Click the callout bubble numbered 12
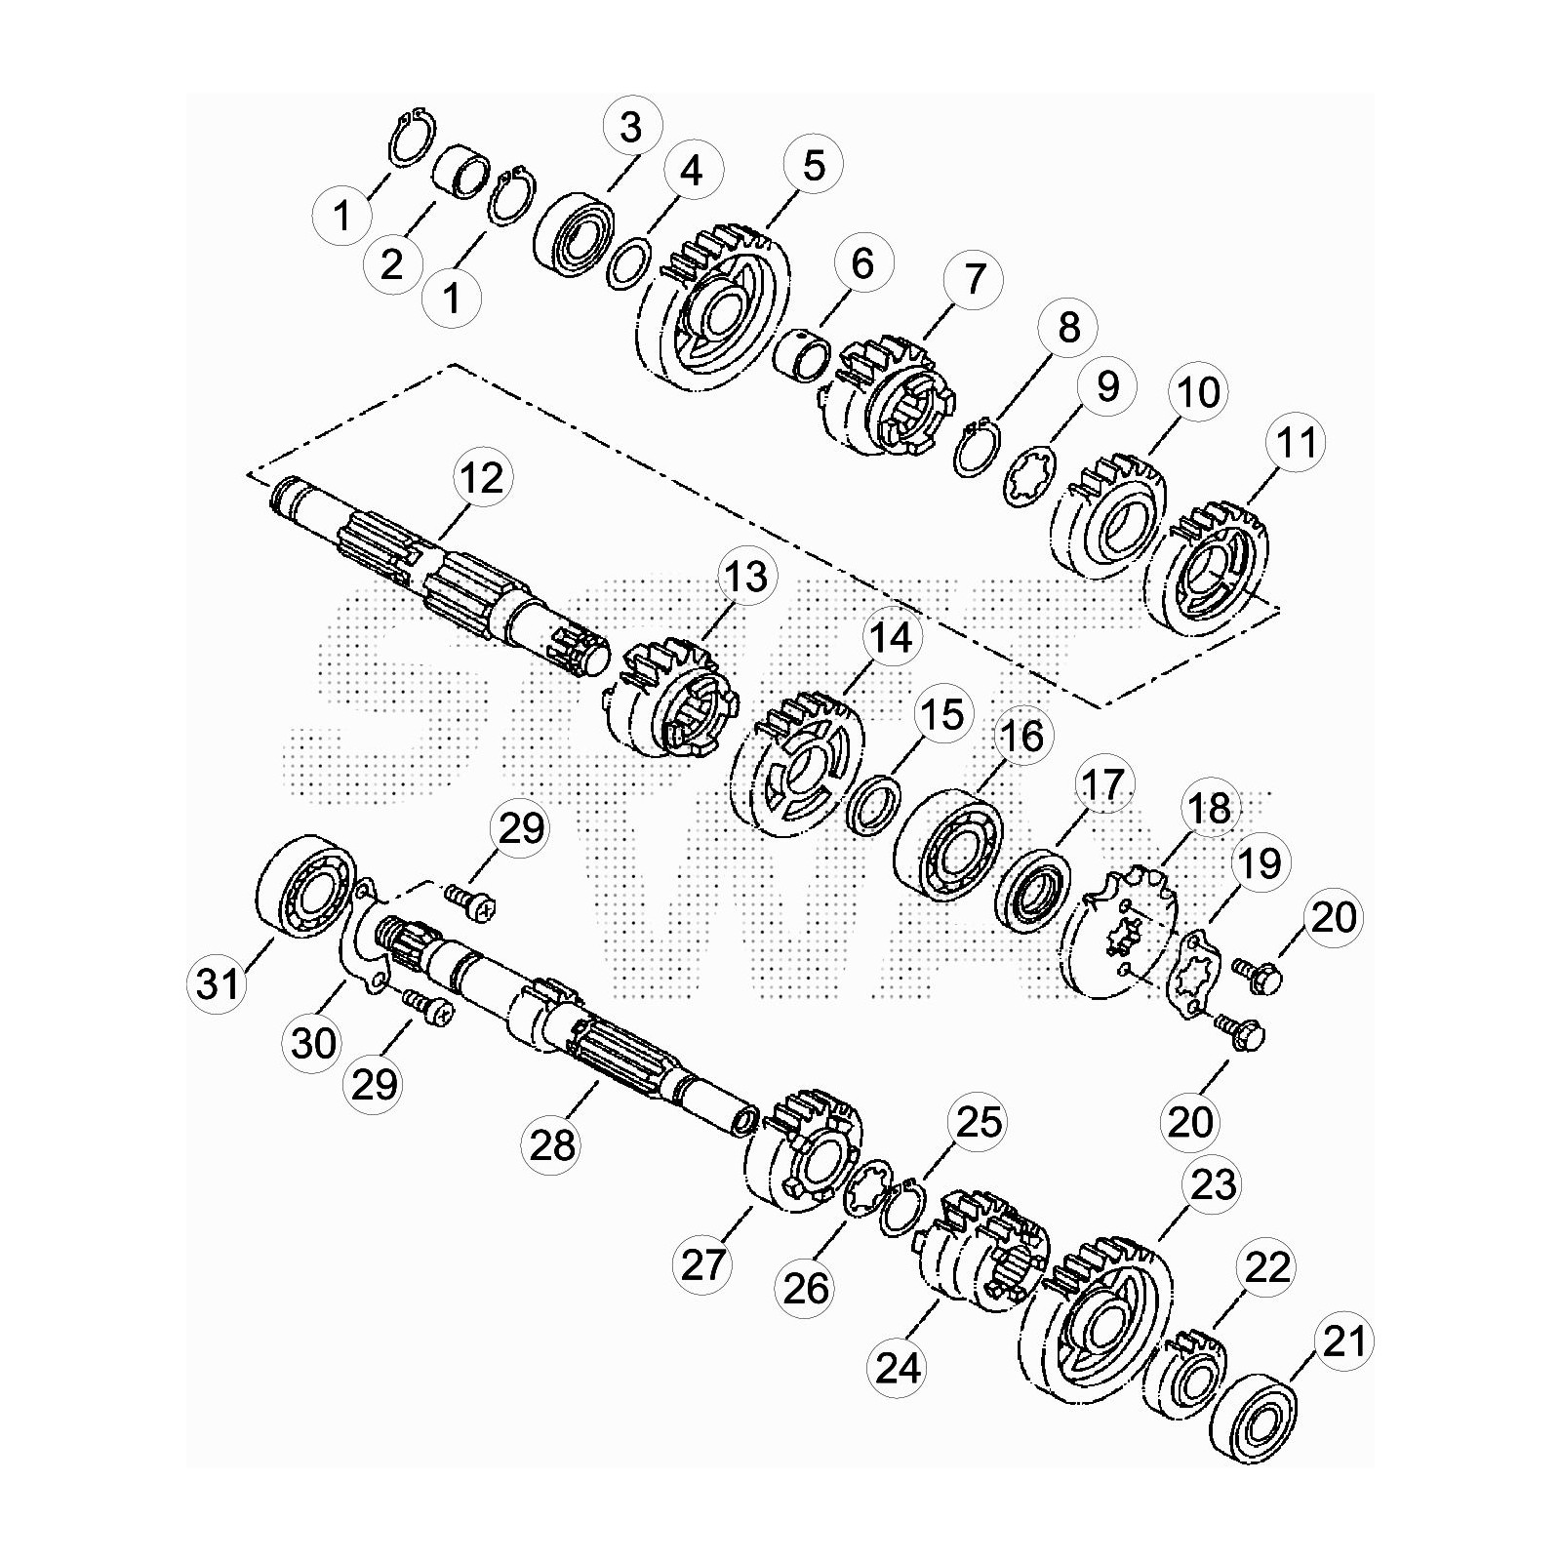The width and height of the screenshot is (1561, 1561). (482, 478)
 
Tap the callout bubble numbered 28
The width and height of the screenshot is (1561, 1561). (553, 1144)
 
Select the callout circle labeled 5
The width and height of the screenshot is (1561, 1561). (814, 165)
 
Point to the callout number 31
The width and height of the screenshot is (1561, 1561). (218, 982)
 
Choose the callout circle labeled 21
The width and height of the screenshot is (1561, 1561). (1344, 1342)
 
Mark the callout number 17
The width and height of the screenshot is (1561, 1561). (1102, 784)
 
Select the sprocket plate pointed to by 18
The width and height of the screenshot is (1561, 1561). (1120, 932)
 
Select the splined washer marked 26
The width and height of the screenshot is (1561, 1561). (866, 1188)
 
